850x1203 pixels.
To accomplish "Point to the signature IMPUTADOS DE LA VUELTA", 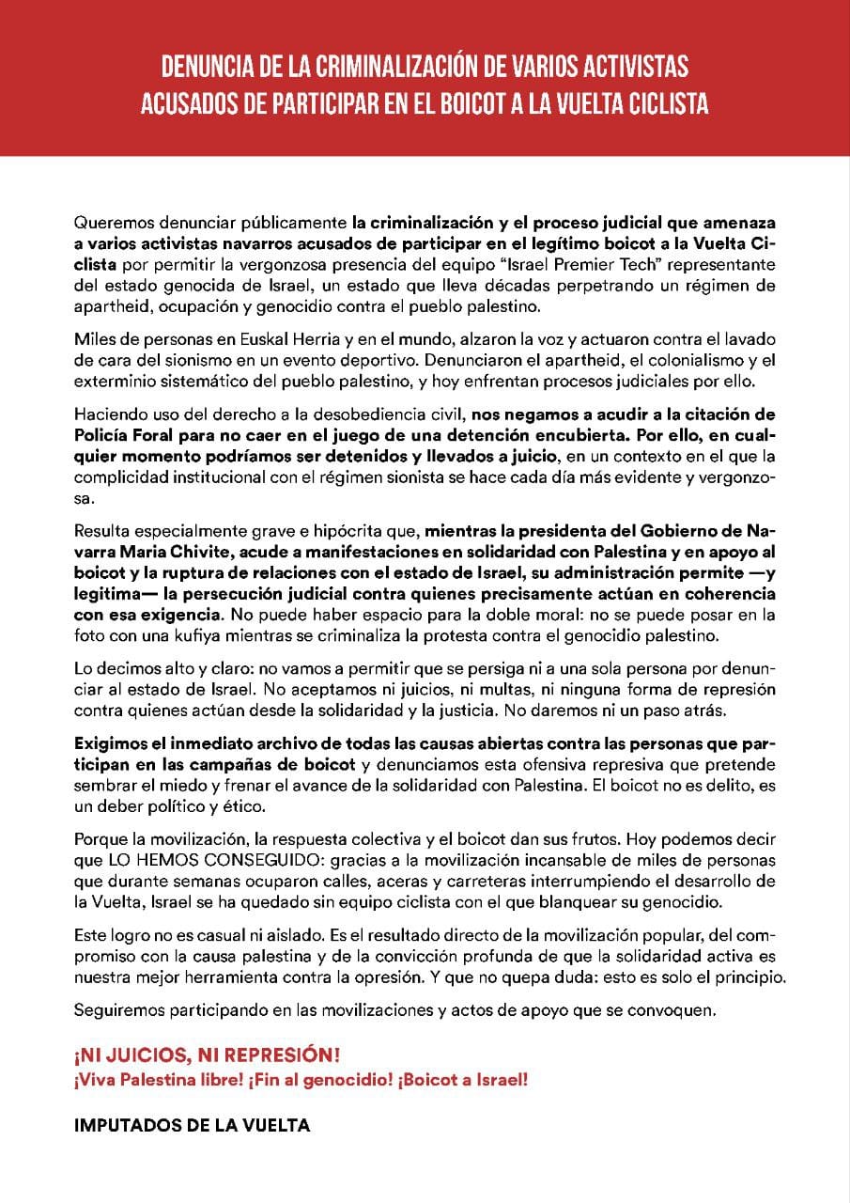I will coord(192,1124).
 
